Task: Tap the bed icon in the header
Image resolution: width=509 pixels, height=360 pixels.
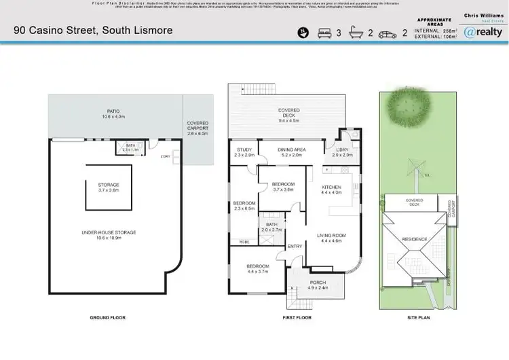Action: [324, 32]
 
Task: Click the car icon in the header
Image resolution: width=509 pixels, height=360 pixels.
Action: [388, 32]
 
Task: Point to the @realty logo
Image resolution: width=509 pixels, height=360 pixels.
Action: [483, 31]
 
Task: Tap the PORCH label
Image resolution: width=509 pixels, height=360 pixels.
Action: [318, 284]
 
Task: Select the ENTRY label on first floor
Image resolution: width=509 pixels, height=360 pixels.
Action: [295, 247]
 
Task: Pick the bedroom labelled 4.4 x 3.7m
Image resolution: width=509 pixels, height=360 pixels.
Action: [258, 268]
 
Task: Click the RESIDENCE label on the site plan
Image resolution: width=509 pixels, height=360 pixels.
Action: [415, 240]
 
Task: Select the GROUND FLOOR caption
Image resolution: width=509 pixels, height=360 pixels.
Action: [108, 317]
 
